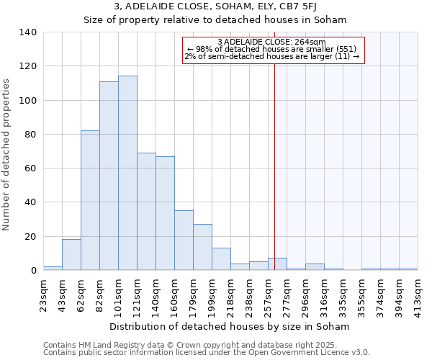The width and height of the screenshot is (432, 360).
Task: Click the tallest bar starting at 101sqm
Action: pos(127,173)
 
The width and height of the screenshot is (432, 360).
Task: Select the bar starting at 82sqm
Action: pos(109,176)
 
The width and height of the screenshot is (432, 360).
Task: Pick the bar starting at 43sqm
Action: pos(71,254)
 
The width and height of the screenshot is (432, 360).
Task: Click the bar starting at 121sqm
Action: pos(146,211)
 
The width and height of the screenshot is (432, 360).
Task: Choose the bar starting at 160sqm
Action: pos(184,240)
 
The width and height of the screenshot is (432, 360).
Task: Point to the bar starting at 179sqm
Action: pos(202,247)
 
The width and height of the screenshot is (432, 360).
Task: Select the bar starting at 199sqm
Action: pos(221,258)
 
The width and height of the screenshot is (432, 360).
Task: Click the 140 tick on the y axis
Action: pos(28,32)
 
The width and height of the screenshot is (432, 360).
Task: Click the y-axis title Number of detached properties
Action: pos(7,151)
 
